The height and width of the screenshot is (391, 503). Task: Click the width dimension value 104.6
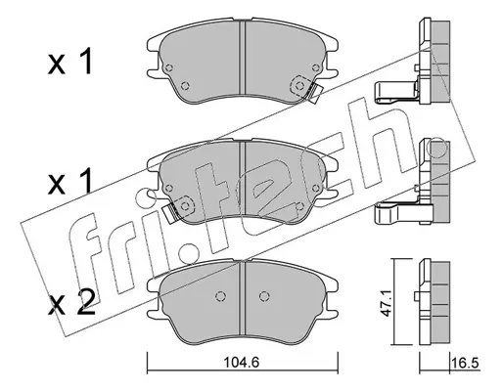242,362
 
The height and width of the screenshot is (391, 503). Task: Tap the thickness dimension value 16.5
466,362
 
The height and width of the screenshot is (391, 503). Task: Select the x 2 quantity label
71,302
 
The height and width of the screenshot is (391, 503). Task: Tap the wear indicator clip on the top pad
315,93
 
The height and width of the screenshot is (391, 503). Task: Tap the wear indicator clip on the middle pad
170,213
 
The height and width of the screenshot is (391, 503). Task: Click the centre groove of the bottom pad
242,299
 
